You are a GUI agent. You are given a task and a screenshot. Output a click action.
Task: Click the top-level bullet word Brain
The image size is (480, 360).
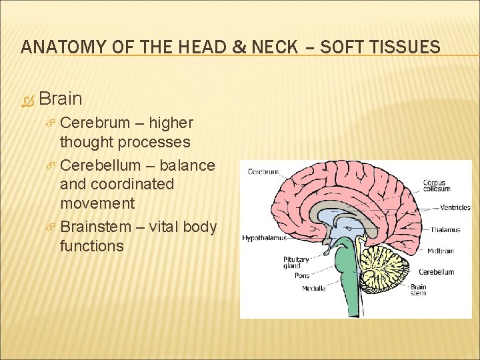(61, 99)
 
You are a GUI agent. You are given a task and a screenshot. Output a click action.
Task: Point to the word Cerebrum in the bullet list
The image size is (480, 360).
(91, 123)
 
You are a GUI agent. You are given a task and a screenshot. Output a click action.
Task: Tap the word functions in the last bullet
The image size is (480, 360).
(91, 246)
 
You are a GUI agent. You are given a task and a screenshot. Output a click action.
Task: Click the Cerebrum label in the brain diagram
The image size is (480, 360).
(263, 171)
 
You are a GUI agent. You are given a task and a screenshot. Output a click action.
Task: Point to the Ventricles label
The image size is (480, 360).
(455, 207)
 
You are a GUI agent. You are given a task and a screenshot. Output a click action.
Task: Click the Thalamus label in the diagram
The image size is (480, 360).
(445, 230)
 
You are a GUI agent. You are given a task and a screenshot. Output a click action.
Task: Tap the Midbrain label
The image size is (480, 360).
(441, 251)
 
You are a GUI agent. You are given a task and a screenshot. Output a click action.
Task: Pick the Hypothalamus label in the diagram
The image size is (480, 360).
(264, 237)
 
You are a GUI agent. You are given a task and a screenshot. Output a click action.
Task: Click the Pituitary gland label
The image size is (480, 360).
(296, 262)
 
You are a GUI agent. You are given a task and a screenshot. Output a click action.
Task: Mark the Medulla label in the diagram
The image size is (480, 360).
(313, 288)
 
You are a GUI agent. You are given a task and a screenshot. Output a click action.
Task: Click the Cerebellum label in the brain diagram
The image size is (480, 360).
(437, 272)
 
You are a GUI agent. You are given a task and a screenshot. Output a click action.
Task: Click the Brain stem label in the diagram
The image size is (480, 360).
(418, 290)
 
